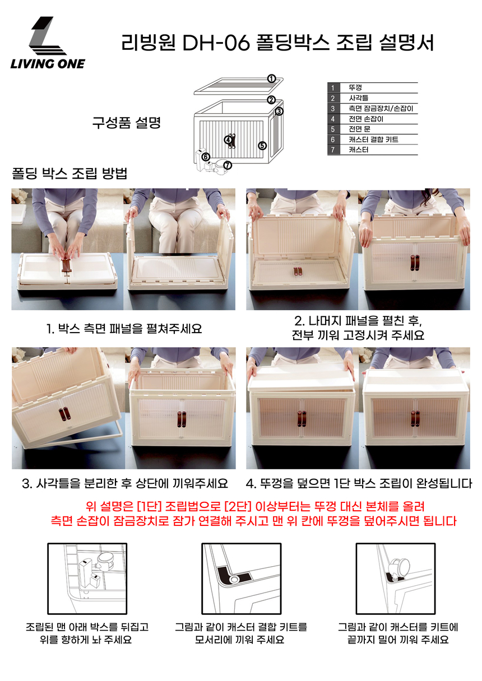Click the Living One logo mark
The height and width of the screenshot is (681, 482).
pos(47,36)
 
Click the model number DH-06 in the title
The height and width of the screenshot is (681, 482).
pos(216,43)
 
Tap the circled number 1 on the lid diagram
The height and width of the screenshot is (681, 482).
pos(271,79)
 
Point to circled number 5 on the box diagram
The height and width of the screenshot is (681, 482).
pos(262,146)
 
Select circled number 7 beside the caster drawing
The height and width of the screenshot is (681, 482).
pos(228,165)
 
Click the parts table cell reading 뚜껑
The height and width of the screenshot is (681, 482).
pos(355,88)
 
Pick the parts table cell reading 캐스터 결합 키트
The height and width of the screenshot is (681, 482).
pos(373,139)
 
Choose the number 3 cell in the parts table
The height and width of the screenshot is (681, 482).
pos(333,109)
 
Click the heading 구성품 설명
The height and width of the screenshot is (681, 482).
pos(126,123)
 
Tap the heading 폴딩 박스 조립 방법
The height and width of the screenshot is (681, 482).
pos(69,173)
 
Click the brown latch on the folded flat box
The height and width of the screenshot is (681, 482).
pos(66,265)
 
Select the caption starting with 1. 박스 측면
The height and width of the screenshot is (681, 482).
pos(124,329)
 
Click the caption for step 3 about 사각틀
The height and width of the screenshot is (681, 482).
pos(125,483)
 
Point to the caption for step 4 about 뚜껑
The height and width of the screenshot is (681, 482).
pos(359,483)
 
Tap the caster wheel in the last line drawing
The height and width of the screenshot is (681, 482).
pos(400,566)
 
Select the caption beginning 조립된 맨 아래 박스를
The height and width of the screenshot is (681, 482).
pos(87,633)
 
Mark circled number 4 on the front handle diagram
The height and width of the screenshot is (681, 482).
pos(228,139)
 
